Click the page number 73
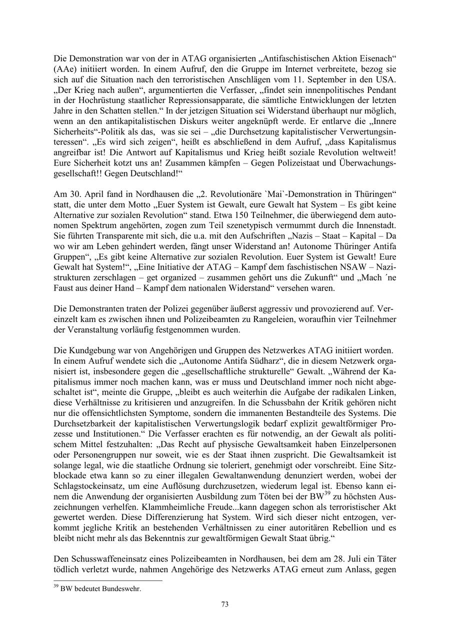pos(225,604)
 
